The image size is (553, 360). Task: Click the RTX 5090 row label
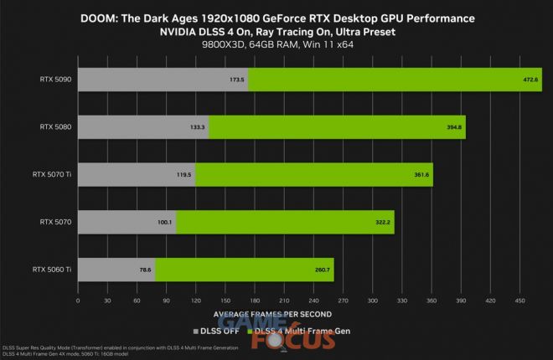pyautogui.click(x=54, y=80)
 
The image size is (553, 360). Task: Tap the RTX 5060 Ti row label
pyautogui.click(x=51, y=270)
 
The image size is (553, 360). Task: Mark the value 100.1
pyautogui.click(x=164, y=223)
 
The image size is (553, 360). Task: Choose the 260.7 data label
pyautogui.click(x=323, y=270)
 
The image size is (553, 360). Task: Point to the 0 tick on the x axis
pyautogui.click(x=78, y=300)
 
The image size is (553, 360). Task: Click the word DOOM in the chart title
pyautogui.click(x=98, y=18)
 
